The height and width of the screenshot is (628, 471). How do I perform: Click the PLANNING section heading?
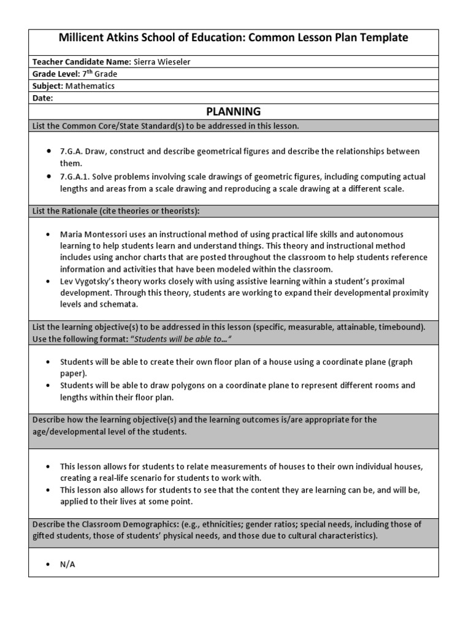coord(233,112)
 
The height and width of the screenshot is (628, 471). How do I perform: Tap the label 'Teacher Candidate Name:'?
coord(82,61)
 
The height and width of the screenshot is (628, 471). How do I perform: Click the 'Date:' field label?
coord(43,98)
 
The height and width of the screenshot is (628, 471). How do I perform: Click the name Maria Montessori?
coord(92,234)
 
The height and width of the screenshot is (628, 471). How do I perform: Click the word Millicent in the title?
coord(83,37)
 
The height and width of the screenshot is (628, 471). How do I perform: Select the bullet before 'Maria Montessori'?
coord(48,235)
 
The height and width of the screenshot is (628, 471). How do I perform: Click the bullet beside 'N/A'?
coord(48,565)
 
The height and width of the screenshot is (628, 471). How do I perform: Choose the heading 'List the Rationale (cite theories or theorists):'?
coord(117,211)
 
